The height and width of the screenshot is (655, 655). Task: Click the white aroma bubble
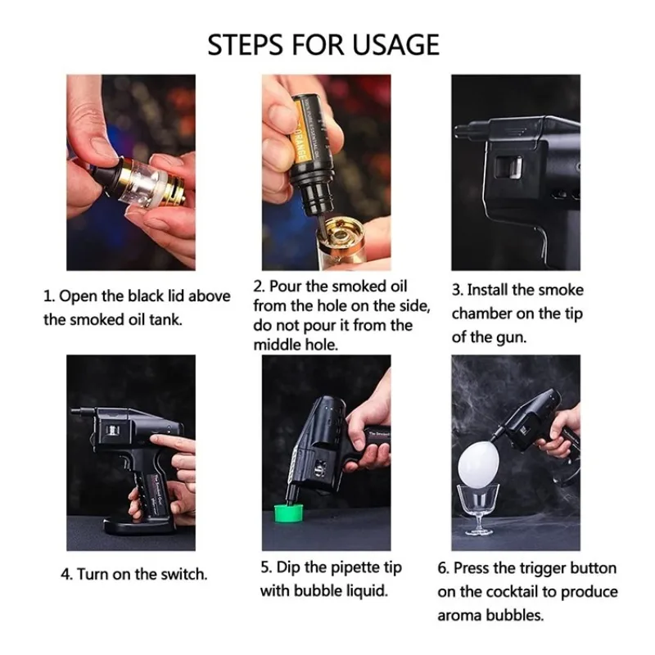[478, 463]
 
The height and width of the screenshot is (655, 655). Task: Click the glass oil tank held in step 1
[147, 182]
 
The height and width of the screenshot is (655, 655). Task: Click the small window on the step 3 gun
[509, 168]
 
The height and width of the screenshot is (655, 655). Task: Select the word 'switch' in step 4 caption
[183, 575]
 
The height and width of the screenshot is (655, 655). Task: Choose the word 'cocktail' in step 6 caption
[509, 591]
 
